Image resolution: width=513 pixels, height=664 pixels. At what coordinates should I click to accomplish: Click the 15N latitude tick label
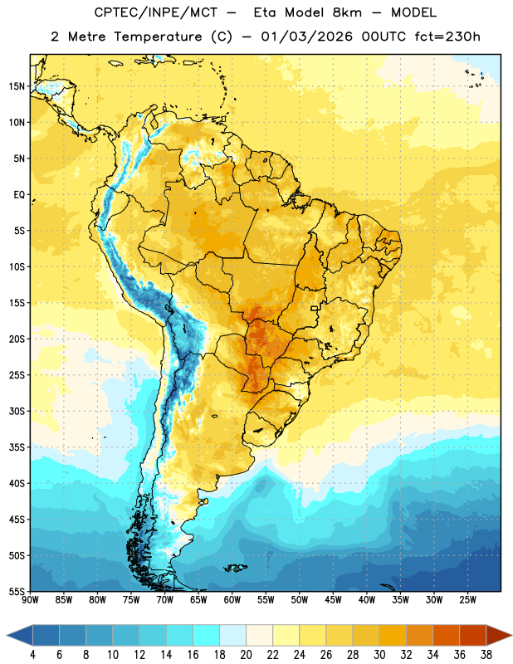(x=17, y=86)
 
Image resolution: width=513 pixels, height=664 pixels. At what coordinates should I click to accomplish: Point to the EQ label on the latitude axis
(x=19, y=195)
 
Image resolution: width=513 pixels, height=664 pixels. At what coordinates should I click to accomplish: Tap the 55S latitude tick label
(x=17, y=591)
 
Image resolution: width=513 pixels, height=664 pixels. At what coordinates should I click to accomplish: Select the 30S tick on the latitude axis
(x=17, y=411)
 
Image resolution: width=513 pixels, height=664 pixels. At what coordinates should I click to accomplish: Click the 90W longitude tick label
(x=31, y=600)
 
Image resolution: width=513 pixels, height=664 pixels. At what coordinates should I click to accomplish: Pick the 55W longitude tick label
(x=266, y=600)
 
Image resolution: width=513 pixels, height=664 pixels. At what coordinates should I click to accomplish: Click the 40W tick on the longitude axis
(x=367, y=600)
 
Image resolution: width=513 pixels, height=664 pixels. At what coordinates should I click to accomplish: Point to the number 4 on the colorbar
(x=32, y=655)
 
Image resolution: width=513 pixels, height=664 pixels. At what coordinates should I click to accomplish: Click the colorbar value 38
(x=486, y=655)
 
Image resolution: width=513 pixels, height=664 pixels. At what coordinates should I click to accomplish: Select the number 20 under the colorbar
(x=246, y=655)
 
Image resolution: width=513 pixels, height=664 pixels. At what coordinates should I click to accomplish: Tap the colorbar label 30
(x=379, y=655)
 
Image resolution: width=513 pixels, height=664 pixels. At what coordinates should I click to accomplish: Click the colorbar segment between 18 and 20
(x=233, y=635)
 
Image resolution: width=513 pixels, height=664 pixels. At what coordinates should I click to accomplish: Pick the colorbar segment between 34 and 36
(x=446, y=635)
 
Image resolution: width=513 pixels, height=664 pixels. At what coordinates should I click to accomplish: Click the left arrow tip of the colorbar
(x=7, y=635)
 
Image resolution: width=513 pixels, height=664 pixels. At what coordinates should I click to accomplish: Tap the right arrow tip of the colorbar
(x=512, y=635)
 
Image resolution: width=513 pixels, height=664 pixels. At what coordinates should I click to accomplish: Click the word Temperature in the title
(x=158, y=37)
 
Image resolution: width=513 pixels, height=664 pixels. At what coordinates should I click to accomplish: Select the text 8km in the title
(x=347, y=12)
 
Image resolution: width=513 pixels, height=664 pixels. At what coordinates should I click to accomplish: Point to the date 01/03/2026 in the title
(x=306, y=37)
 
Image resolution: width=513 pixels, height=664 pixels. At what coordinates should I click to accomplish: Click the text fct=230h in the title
(x=447, y=37)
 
